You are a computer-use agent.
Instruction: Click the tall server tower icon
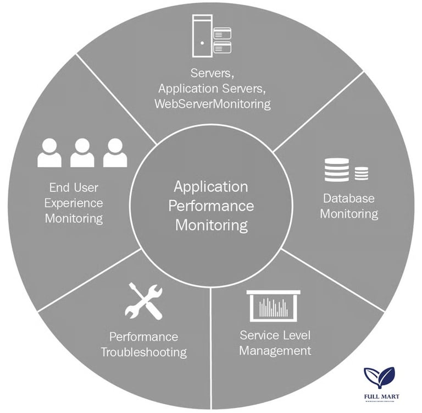[x=202, y=36]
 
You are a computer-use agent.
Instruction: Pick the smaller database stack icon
[x=361, y=174]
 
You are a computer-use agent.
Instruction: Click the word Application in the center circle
[x=211, y=186]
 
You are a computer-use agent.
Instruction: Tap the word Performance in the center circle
[x=211, y=206]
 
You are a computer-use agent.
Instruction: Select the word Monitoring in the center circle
[x=211, y=225]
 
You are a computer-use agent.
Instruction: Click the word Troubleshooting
[x=144, y=351]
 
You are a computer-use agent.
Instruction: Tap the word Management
[x=275, y=350]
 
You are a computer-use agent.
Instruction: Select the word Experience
[x=74, y=203]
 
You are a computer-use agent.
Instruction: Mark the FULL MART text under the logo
[x=380, y=395]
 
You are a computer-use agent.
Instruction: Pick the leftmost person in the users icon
[x=49, y=152]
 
